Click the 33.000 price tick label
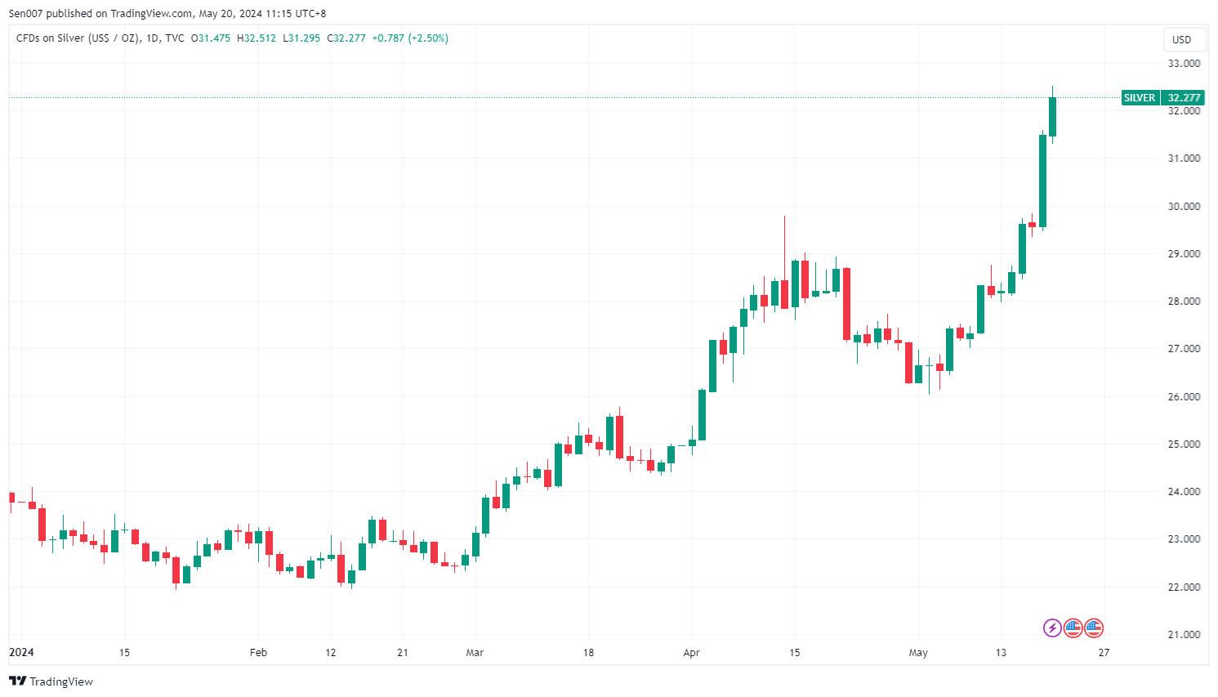[x=1184, y=64]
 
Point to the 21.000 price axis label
[x=1184, y=635]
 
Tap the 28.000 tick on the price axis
[x=1184, y=302]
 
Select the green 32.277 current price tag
[x=1184, y=98]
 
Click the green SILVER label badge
[x=1140, y=98]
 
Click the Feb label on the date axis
[x=258, y=653]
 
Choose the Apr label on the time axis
[x=691, y=653]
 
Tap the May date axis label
[x=918, y=653]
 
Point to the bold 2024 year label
[x=21, y=653]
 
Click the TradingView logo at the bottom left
[x=51, y=681]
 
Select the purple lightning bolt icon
[x=1052, y=628]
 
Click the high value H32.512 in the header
[x=257, y=38]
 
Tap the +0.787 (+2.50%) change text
[x=410, y=38]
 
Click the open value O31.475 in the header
[x=211, y=38]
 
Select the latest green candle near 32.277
[x=1052, y=117]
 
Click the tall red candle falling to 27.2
[x=846, y=303]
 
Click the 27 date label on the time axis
[x=1104, y=653]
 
